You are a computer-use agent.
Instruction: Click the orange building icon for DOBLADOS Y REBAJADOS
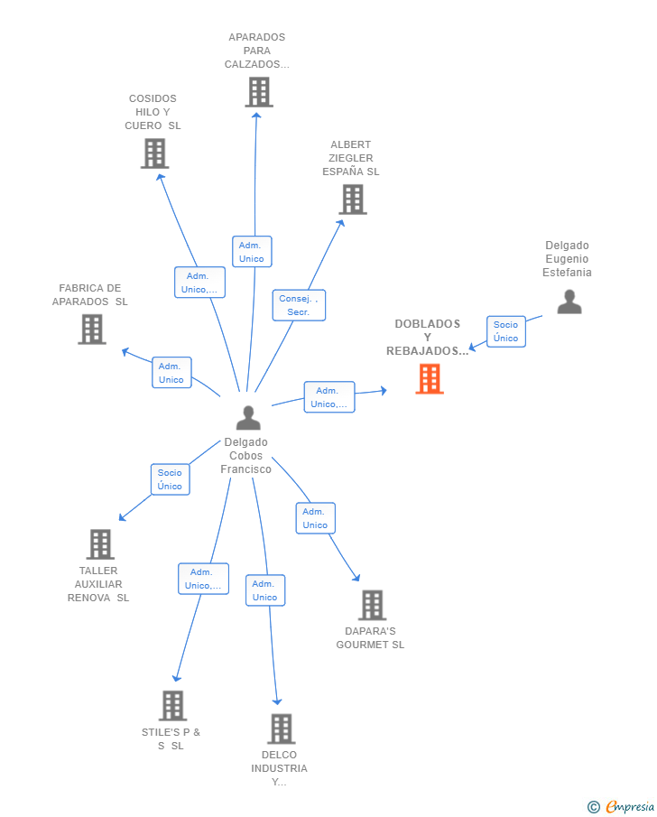[430, 379]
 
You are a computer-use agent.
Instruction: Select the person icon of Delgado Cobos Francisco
[248, 418]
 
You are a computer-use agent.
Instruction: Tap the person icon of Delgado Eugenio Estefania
[569, 302]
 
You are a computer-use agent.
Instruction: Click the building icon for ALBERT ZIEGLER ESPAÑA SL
[353, 200]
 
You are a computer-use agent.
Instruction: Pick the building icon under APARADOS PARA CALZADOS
[259, 92]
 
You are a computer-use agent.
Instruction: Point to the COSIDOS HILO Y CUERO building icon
[154, 153]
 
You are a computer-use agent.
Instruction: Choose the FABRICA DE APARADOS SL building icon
[92, 330]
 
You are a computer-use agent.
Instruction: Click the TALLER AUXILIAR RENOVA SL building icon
[100, 544]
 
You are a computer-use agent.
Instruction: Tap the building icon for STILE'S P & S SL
[172, 705]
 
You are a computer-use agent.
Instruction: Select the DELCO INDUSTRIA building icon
[282, 729]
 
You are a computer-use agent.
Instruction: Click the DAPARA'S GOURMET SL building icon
[373, 605]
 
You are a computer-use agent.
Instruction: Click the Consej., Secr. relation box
[299, 305]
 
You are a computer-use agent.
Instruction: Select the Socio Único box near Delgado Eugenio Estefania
[506, 331]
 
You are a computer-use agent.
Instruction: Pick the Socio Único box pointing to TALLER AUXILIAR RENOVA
[170, 479]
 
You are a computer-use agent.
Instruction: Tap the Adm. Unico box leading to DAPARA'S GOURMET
[315, 518]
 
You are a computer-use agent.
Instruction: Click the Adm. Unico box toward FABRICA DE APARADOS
[171, 373]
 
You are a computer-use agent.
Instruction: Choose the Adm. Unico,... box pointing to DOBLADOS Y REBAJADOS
[329, 397]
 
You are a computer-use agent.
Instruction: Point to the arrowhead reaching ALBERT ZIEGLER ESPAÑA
[341, 223]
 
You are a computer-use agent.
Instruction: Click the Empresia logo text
[629, 806]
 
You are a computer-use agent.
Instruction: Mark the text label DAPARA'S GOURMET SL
[370, 637]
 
